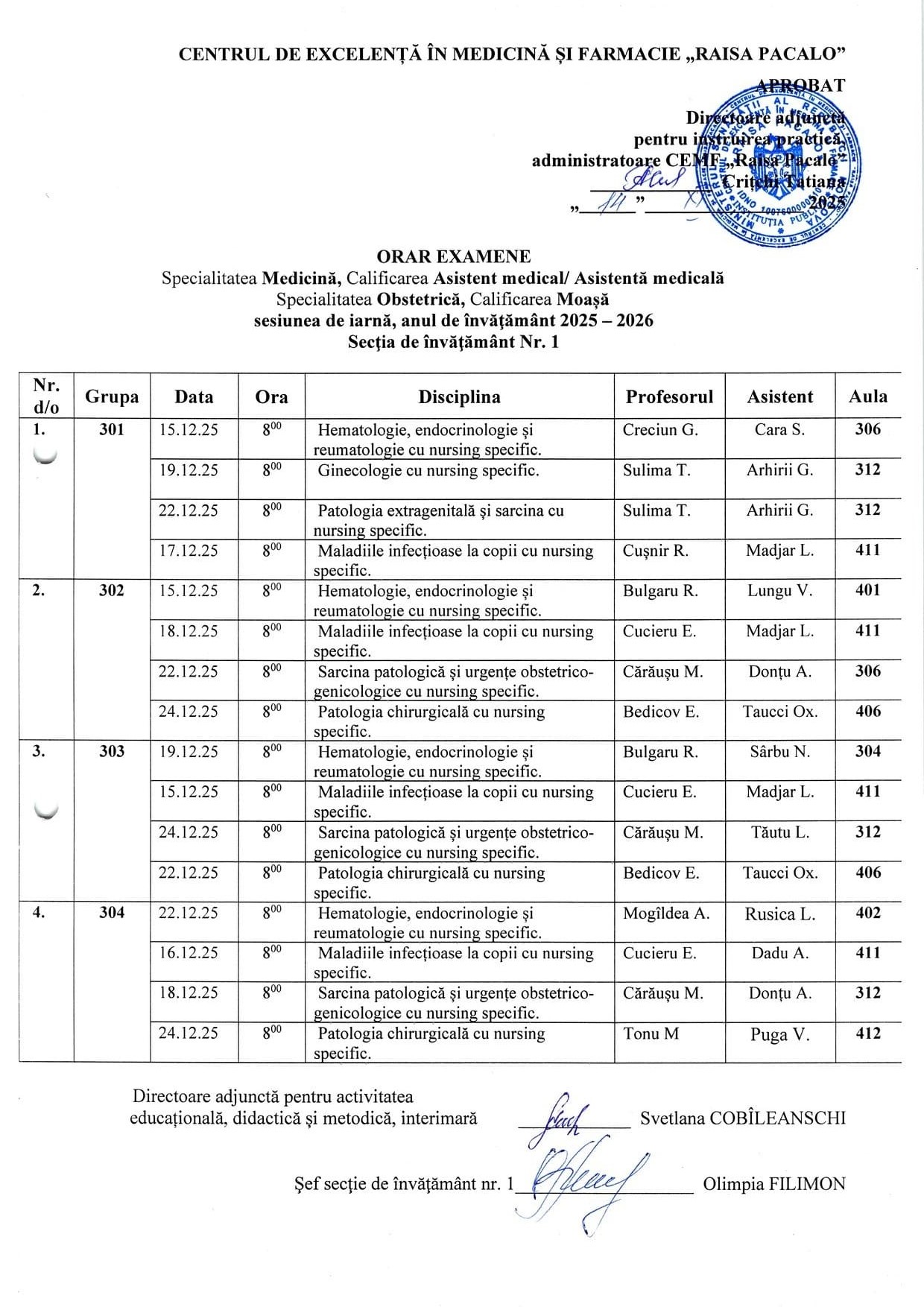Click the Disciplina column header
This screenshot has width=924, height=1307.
tap(459, 396)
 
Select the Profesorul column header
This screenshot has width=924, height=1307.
tap(669, 396)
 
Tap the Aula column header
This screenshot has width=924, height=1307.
tap(868, 396)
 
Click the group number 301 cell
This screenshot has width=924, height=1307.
tap(112, 429)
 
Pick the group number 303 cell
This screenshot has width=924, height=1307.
tap(112, 751)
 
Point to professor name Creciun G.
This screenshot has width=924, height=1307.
tap(660, 429)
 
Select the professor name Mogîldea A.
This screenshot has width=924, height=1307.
tap(666, 913)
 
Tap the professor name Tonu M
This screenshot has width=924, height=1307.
tap(651, 1034)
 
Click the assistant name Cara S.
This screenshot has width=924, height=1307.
tap(779, 429)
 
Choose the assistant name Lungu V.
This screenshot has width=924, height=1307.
tap(779, 591)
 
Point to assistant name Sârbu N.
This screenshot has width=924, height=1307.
tap(779, 752)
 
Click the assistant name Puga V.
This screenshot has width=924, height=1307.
tap(779, 1034)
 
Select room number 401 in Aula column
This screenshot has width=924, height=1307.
tap(868, 590)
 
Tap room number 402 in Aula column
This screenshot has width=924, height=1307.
tap(868, 913)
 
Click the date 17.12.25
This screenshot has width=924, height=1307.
tap(189, 551)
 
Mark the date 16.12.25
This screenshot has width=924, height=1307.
tap(189, 953)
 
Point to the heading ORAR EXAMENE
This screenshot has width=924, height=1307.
tap(454, 257)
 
